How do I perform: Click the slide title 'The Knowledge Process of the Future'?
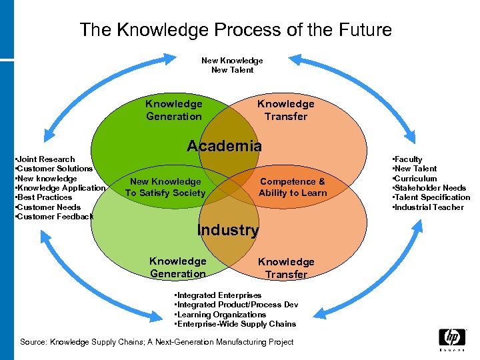pos(235,30)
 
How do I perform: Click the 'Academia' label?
pos(224,146)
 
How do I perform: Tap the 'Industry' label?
pos(228,231)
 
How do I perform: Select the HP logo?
pos(452,338)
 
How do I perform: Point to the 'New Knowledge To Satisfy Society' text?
pos(165,187)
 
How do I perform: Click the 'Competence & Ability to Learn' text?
pos(293,187)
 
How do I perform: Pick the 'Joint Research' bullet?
pos(46,159)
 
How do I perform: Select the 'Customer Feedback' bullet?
pos(55,217)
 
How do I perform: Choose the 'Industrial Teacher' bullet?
pos(429,207)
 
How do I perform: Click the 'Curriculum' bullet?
pos(415,179)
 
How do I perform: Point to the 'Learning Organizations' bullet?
pos(221,315)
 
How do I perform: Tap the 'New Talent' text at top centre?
pos(232,70)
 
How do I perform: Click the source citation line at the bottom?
pos(157,342)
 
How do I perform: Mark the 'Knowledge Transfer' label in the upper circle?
pos(285,110)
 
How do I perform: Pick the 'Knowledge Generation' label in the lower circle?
pos(177,267)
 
